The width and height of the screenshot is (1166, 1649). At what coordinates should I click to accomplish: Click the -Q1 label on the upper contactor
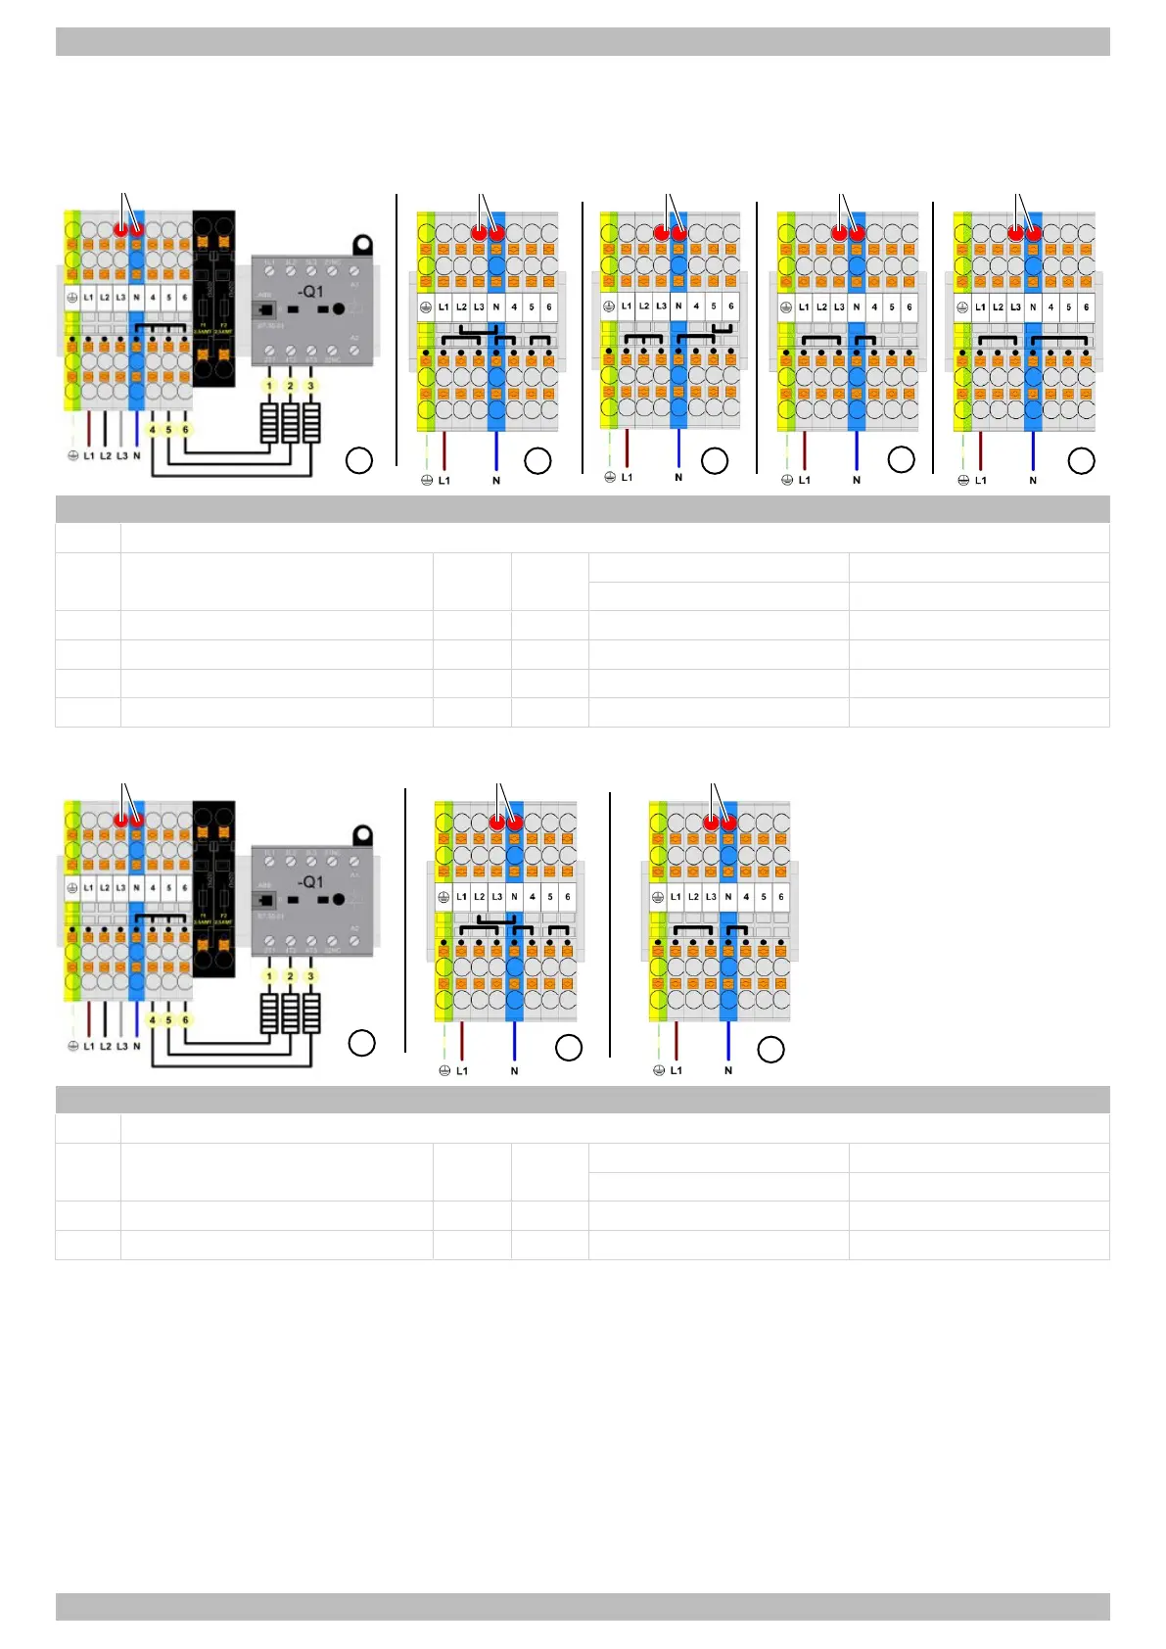(310, 292)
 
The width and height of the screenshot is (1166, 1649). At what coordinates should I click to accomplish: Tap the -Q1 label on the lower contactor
(310, 882)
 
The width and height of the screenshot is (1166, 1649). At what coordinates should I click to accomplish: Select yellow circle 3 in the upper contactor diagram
(311, 386)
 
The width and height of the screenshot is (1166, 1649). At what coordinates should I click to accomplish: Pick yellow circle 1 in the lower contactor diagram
(270, 976)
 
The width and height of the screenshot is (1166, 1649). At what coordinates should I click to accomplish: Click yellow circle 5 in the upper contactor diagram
(168, 429)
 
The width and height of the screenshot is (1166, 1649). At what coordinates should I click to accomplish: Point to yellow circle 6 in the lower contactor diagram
(185, 1019)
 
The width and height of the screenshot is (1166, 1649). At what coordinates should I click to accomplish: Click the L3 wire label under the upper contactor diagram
(121, 456)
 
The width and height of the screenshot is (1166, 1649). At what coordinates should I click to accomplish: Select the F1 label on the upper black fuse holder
(203, 324)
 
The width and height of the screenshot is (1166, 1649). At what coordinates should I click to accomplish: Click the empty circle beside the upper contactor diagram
(359, 461)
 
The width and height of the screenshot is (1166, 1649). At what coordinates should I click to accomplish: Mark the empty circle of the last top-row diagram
(1081, 461)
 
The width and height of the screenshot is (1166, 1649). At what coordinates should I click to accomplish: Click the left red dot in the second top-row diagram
(479, 233)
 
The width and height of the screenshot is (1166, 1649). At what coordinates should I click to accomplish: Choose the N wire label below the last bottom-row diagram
(728, 1070)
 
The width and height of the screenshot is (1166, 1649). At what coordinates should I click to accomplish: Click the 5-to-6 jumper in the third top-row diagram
(723, 327)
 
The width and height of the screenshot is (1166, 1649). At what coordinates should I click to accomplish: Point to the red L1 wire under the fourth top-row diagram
(805, 450)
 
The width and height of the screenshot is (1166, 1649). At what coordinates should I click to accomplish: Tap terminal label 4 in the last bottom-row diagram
(746, 896)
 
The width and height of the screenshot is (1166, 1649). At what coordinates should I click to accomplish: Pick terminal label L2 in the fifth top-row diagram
(998, 306)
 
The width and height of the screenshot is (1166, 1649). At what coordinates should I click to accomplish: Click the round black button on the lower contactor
(339, 899)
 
